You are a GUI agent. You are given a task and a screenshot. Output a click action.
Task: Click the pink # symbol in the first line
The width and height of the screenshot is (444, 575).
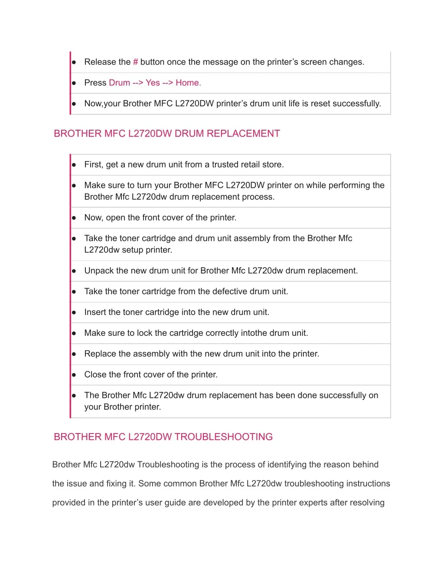[135, 62]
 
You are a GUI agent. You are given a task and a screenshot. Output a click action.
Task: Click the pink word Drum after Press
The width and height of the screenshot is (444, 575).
[119, 83]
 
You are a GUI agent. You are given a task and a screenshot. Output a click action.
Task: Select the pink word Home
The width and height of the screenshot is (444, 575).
[188, 83]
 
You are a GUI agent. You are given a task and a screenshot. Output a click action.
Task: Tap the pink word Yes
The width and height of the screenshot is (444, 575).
[153, 83]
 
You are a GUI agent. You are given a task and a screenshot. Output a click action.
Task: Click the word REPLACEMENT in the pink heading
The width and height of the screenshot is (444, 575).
[243, 134]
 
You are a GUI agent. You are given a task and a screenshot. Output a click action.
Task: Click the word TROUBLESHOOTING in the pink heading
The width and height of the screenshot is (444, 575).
[223, 437]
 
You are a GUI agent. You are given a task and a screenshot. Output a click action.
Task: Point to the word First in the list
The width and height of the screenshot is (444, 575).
[93, 164]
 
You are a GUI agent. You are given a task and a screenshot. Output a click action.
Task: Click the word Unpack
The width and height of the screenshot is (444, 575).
[99, 271]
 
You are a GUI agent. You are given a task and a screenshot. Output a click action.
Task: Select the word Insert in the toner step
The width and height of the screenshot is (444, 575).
[95, 312]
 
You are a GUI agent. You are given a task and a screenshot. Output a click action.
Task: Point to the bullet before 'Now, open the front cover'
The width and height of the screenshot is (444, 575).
[74, 218]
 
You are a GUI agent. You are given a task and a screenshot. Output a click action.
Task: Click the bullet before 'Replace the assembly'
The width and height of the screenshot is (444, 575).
[74, 354]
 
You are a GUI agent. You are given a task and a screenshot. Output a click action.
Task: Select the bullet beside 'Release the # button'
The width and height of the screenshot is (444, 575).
[74, 62]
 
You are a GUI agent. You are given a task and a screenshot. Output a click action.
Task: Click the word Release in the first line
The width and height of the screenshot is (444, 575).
[100, 62]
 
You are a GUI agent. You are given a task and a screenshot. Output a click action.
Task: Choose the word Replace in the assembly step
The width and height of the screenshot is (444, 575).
[100, 354]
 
